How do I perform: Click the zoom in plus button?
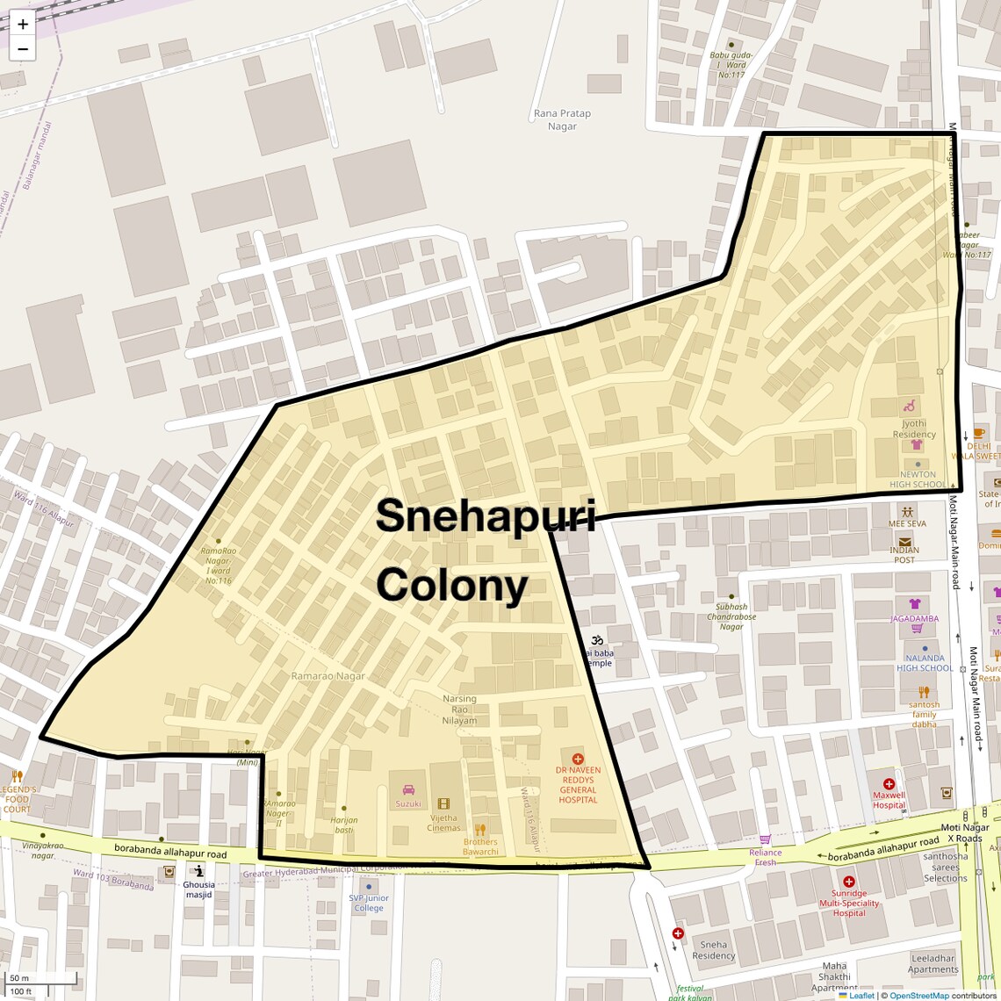[x=23, y=25]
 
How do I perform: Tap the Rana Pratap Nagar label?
[x=562, y=119]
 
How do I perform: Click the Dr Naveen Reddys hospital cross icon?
[x=577, y=759]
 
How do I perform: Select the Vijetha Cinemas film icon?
[x=443, y=803]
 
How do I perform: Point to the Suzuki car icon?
[x=408, y=790]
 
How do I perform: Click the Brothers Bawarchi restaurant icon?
[x=479, y=829]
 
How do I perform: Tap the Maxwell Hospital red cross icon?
[x=889, y=783]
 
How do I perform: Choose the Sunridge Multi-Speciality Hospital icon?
[x=848, y=882]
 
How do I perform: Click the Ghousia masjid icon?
[x=199, y=871]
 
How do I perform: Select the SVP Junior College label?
[x=369, y=903]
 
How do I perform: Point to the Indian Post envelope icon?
[x=904, y=541]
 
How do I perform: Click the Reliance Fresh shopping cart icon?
[x=765, y=839]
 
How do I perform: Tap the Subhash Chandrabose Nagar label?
[x=731, y=616]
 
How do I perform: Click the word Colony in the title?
[x=452, y=585]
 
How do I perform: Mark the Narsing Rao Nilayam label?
[x=459, y=709]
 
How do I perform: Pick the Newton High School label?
[x=918, y=479]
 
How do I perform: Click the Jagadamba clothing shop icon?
[x=915, y=604]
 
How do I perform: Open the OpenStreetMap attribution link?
[x=918, y=996]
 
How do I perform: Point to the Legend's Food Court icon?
[x=17, y=776]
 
